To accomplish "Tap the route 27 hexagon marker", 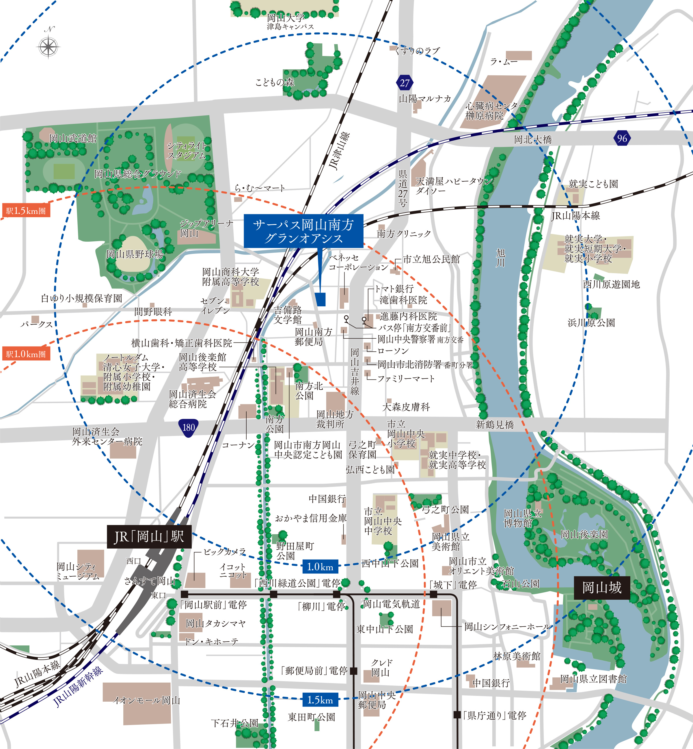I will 404,83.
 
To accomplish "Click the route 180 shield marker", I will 188,428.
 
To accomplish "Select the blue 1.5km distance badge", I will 320,700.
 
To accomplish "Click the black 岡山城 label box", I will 601,587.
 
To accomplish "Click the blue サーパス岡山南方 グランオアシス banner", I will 303,231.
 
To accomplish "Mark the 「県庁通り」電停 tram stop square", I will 457,715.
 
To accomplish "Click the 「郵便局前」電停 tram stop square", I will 353,671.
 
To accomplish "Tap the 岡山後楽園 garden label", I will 584,534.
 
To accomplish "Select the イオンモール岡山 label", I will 147,700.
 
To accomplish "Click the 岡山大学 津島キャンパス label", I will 290,22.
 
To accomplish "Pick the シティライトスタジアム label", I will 186,150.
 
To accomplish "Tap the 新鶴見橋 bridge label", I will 494,424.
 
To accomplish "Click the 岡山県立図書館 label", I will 593,679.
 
